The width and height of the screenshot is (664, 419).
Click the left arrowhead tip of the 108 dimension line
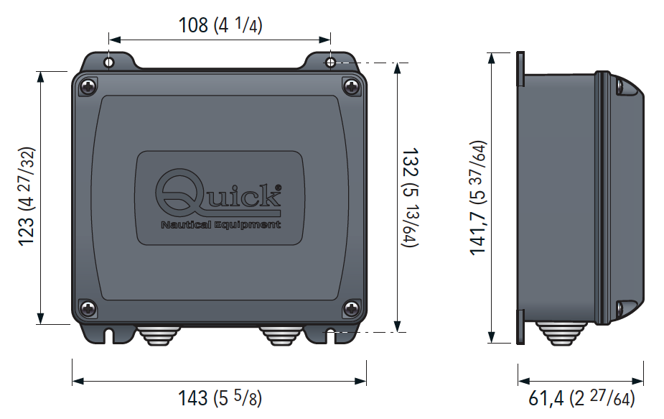click(x=109, y=40)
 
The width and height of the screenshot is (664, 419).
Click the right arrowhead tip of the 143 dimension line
click(x=366, y=381)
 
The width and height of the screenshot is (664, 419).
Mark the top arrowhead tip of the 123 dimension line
click(x=41, y=72)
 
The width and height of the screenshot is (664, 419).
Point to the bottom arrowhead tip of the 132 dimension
click(x=397, y=332)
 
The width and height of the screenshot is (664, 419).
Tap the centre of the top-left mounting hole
click(x=109, y=63)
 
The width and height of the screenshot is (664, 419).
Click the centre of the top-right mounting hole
click(x=331, y=63)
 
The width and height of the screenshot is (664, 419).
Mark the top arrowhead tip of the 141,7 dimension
click(x=492, y=53)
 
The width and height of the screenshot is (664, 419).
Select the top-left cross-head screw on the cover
click(x=88, y=87)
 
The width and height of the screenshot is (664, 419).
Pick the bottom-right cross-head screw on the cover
click(x=351, y=308)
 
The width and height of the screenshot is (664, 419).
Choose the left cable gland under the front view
click(x=159, y=335)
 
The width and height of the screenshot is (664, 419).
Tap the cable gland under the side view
click(x=561, y=333)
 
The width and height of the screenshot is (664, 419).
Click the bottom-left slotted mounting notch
click(x=110, y=335)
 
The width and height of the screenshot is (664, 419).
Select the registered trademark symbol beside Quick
click(x=278, y=188)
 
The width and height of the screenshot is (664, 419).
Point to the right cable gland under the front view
click(x=281, y=335)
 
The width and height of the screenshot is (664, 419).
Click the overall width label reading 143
click(x=192, y=399)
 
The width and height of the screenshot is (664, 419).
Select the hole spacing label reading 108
click(x=193, y=25)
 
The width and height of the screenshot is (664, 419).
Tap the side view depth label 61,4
click(x=546, y=399)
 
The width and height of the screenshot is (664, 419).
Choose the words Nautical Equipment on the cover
click(x=220, y=225)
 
